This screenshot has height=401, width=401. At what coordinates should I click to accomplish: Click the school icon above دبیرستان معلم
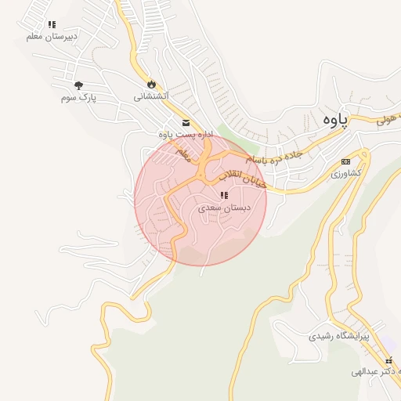point(52,24)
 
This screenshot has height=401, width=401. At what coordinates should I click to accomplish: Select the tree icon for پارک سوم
point(78,85)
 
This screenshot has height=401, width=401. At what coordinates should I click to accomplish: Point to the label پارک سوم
point(77,97)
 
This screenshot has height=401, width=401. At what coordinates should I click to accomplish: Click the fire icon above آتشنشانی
point(150,84)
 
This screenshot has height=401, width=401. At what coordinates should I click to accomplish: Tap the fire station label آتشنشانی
point(150,96)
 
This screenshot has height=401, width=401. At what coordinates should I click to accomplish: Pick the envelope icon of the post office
point(186,122)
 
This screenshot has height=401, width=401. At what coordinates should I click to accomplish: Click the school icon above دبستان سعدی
point(223,195)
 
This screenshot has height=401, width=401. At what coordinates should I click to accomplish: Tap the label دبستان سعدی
point(223,208)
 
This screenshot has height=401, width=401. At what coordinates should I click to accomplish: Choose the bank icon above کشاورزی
point(345,161)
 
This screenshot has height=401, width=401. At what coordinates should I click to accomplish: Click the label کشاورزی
point(345,172)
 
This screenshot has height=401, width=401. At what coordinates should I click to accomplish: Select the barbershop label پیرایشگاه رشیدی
point(339,336)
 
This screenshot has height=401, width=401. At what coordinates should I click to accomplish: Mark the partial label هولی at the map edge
point(388,120)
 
